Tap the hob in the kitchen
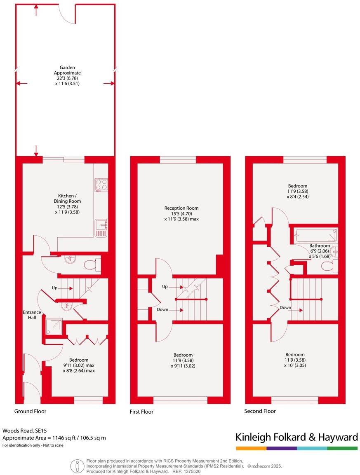[x=101, y=185]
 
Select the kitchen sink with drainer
[x=101, y=228]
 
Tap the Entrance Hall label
[x=32, y=315]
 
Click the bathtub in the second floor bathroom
[x=315, y=236]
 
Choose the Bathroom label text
[x=320, y=246]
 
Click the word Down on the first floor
[x=162, y=309]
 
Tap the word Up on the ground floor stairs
[x=54, y=288]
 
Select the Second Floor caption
[x=260, y=411]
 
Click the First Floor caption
[x=141, y=412]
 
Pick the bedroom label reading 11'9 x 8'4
[x=298, y=191]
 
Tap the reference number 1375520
[x=192, y=471]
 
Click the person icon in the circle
[x=77, y=466]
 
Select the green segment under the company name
[x=342, y=448]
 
